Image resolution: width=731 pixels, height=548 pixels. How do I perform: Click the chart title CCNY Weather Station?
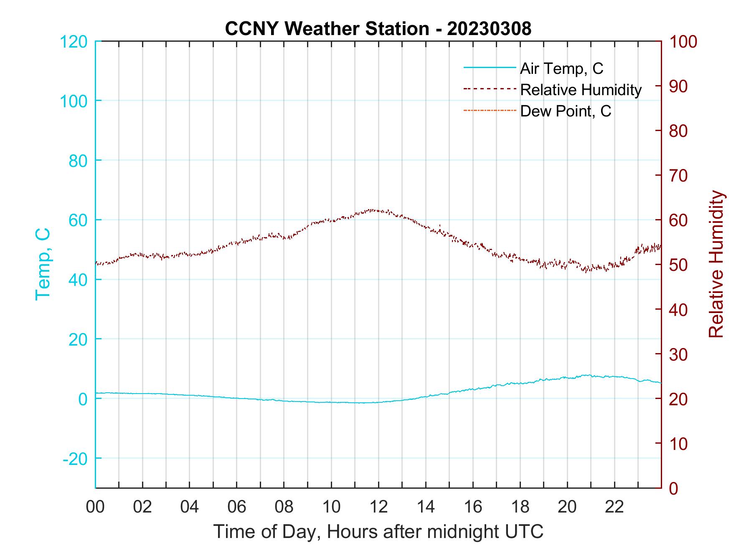coord(378,29)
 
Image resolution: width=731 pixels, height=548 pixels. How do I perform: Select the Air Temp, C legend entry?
coord(561,68)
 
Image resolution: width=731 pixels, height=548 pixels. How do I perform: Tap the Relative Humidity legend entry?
coord(581,90)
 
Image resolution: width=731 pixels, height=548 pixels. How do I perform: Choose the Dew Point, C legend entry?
coord(566,111)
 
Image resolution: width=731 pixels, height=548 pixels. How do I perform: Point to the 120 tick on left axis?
coord(74,42)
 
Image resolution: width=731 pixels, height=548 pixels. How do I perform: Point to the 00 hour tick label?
coord(95,507)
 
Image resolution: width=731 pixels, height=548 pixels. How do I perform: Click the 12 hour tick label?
coord(378,507)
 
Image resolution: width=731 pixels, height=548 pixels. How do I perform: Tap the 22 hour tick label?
coord(614,507)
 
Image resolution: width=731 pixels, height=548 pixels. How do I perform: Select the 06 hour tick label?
coord(237,507)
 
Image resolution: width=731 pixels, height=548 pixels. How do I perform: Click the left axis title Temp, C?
coord(43,264)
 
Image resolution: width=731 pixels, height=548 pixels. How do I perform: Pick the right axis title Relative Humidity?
coord(716,264)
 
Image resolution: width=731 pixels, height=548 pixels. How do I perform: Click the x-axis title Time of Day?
coord(378,532)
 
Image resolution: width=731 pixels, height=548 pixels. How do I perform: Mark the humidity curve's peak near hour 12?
coord(372,210)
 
